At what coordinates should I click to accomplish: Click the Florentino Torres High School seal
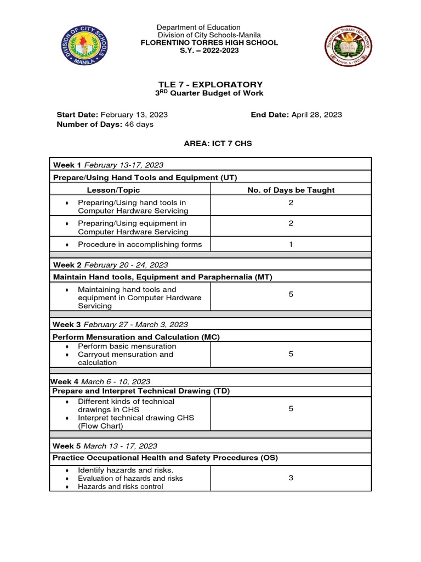(x=348, y=46)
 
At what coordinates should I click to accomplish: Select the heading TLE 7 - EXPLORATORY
(x=210, y=85)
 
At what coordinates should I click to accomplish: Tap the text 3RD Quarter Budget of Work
(x=210, y=93)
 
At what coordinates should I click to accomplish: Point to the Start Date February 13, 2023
(x=112, y=115)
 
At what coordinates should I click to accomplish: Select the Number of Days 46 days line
(x=105, y=124)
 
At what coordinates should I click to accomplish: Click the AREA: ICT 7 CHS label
(x=210, y=143)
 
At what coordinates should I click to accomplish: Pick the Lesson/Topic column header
(x=113, y=190)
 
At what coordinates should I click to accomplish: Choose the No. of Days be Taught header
(x=291, y=190)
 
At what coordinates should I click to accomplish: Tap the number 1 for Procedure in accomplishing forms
(x=291, y=244)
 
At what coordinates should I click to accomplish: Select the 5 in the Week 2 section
(x=291, y=295)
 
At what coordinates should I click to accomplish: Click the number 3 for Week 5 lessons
(x=291, y=478)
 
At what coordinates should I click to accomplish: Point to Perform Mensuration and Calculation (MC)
(x=136, y=336)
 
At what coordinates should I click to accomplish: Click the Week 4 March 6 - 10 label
(x=100, y=381)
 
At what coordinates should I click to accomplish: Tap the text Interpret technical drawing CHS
(x=136, y=418)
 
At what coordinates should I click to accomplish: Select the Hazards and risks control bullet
(x=120, y=486)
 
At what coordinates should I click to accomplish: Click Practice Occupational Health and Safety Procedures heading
(x=165, y=457)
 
